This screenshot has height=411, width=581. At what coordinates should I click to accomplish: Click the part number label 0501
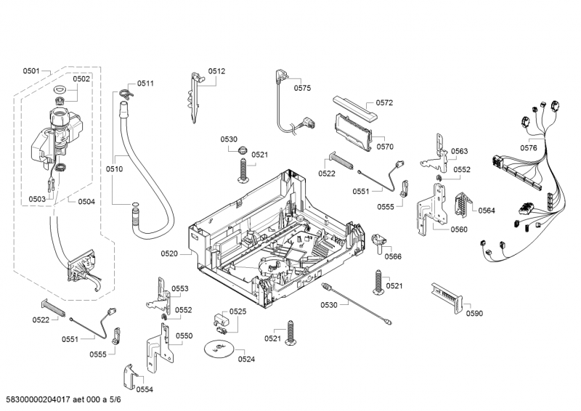click(31, 70)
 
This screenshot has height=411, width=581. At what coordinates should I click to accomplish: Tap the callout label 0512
click(216, 71)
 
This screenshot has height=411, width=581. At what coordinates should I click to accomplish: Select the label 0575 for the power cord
click(302, 88)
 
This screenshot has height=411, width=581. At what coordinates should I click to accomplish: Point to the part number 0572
click(384, 103)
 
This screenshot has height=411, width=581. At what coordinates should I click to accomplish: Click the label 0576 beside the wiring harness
click(528, 148)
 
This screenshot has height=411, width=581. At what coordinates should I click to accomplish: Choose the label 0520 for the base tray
click(169, 253)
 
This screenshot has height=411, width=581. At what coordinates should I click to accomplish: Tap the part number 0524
click(246, 359)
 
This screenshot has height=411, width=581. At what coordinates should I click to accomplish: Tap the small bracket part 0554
click(130, 375)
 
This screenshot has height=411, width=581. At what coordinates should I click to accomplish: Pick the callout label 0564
click(486, 211)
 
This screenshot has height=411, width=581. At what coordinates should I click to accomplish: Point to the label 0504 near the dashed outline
click(86, 201)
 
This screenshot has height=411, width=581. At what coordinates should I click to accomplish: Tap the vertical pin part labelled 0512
click(195, 98)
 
